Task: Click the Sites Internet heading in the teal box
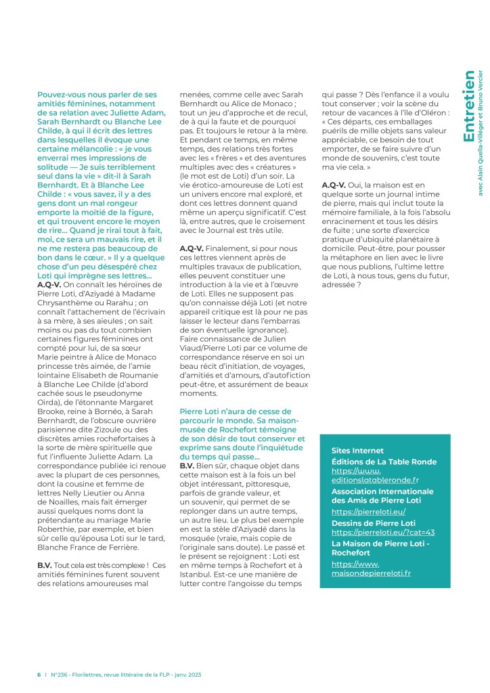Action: point(357,450)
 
